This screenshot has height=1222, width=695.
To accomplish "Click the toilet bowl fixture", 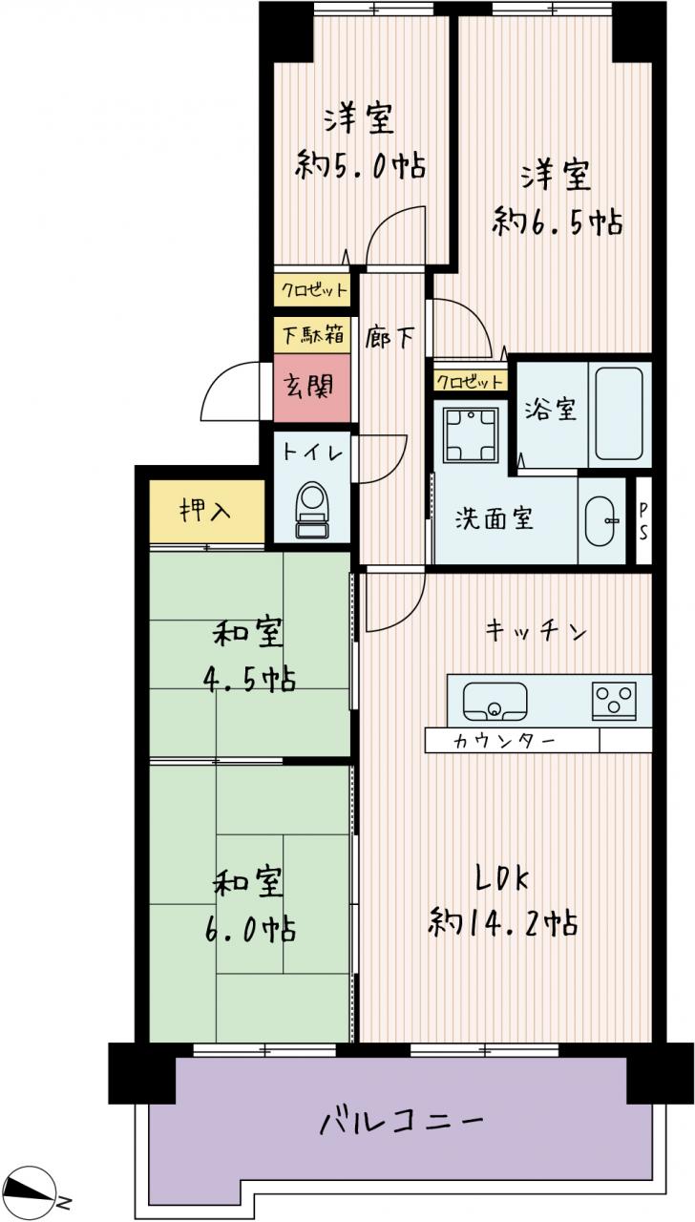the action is click(x=312, y=510).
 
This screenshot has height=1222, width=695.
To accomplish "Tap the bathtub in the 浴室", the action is click(x=619, y=413).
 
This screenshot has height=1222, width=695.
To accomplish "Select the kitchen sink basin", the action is click(x=495, y=702).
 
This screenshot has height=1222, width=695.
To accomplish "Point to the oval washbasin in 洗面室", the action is click(x=601, y=521).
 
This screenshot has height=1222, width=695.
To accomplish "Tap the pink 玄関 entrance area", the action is click(x=311, y=388).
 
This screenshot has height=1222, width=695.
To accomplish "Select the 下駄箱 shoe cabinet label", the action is click(x=312, y=334).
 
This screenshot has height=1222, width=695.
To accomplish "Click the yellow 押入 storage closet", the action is click(x=207, y=512).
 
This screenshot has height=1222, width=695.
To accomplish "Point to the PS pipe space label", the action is click(x=643, y=521).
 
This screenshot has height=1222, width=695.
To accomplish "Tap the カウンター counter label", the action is click(x=503, y=741).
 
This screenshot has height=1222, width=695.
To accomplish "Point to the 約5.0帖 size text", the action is click(x=360, y=164).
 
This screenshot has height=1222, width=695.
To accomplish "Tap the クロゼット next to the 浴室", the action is click(x=470, y=381).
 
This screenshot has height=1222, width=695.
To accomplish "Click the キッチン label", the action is click(x=536, y=631).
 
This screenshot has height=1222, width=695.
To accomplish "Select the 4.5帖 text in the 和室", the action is click(x=250, y=680).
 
